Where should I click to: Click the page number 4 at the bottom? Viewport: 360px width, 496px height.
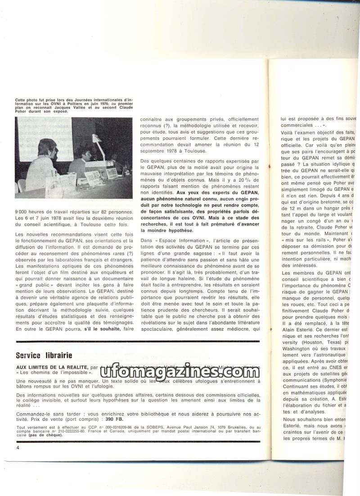(18, 448)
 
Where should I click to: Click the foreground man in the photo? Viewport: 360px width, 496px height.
(42, 164)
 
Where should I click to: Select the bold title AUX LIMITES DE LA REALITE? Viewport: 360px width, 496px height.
(52, 367)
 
